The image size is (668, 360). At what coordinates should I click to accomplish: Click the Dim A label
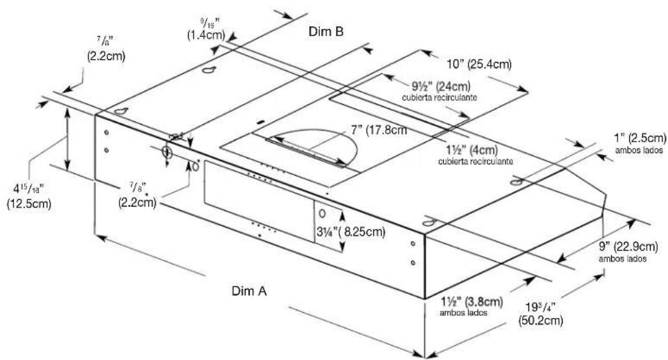click(249, 291)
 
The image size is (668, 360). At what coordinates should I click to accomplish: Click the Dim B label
click(326, 31)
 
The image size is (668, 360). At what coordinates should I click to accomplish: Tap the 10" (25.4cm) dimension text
click(479, 65)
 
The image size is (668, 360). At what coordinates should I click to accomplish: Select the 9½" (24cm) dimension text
click(441, 87)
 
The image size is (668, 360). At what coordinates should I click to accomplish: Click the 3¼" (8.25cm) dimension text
click(351, 232)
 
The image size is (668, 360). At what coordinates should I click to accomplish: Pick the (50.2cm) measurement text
click(541, 321)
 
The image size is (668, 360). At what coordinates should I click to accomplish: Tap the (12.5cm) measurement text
click(29, 204)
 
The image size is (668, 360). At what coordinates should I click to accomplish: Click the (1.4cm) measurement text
click(206, 35)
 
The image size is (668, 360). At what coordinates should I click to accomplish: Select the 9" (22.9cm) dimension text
click(629, 246)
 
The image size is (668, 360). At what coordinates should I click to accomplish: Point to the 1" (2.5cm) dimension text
click(640, 138)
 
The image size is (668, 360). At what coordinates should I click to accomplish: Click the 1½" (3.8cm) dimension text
click(472, 302)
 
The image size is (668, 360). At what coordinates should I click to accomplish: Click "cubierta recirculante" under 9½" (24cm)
click(439, 98)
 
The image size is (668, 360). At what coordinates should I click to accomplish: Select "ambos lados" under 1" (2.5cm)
click(640, 150)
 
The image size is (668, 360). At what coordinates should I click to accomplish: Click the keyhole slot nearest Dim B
click(208, 70)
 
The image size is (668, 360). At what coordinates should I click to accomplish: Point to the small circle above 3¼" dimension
click(322, 213)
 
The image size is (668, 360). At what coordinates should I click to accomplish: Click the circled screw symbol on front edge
click(167, 152)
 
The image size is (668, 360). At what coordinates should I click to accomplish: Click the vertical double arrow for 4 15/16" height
click(67, 138)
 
